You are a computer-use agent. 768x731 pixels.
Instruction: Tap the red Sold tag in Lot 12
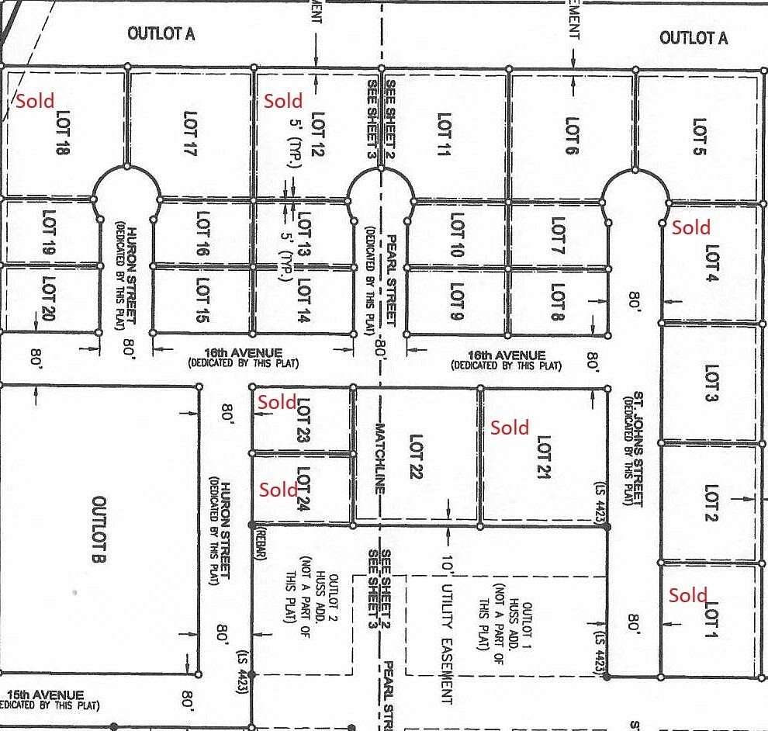click(283, 101)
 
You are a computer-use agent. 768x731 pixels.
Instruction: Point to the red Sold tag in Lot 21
click(510, 427)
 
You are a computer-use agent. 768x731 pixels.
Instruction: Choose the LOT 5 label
click(699, 136)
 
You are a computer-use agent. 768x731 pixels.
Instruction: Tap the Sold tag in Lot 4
click(690, 227)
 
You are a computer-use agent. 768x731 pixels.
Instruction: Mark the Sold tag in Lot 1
click(688, 595)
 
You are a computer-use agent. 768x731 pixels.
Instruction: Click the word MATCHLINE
click(380, 458)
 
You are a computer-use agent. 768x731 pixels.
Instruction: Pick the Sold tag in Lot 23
click(277, 402)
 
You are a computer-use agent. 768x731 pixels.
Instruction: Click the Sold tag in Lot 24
click(278, 490)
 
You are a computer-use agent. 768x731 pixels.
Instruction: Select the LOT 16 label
click(203, 234)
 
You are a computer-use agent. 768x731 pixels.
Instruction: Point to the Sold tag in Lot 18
click(36, 101)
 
